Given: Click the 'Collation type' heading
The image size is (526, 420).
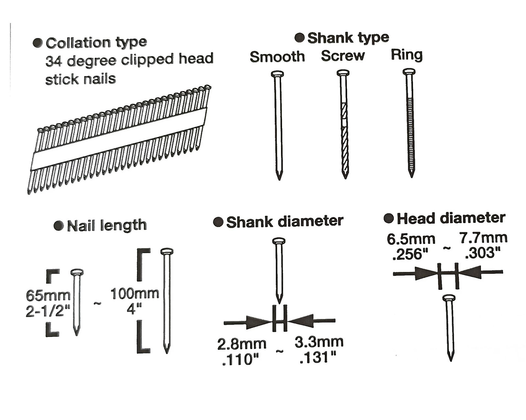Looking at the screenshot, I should coord(96,43).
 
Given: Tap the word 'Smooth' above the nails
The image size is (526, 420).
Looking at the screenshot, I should coord(277,57).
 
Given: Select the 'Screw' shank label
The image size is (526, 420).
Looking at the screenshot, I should coord(343,56).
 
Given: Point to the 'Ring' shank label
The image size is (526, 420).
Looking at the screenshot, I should coord(407,55).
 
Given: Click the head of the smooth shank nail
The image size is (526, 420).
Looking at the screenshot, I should coord(277,74).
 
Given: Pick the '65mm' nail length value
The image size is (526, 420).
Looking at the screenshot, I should coord(48,296).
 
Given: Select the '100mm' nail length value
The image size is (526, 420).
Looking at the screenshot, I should coord(135,294).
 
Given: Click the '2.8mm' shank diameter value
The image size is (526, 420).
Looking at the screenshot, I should coord(242,344).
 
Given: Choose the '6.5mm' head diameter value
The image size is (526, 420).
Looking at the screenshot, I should coord(411,239).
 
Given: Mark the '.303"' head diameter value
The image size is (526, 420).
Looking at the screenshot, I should coord(483,253).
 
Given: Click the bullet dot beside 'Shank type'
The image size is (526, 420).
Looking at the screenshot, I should coord(299,38).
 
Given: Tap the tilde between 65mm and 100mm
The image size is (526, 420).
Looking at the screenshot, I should coord(97,303).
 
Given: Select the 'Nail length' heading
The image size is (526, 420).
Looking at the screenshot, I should coord(107,225).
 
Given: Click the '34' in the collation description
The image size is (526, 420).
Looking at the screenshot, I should coord(54,61).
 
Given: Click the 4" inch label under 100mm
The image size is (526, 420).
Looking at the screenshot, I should coord(134,309).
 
